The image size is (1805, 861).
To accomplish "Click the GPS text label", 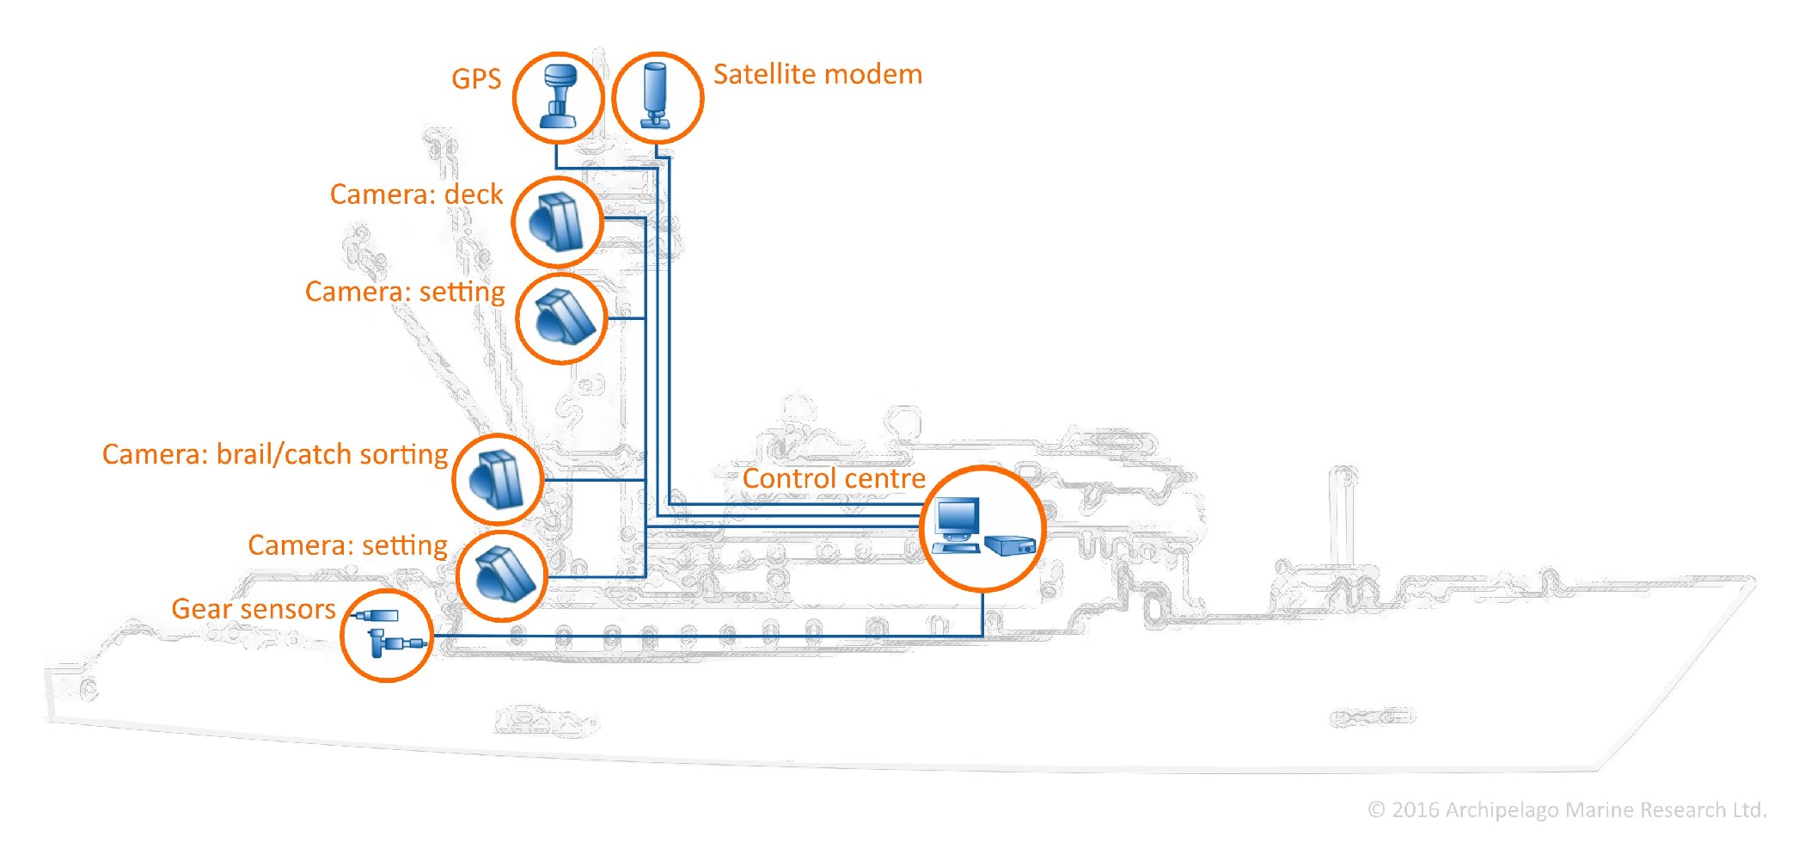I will [x=476, y=79].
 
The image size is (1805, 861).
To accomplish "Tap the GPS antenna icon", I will [x=559, y=97].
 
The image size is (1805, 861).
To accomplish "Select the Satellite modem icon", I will [x=657, y=97].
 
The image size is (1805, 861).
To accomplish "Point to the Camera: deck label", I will [x=416, y=194].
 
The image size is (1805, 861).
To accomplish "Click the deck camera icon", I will [x=557, y=221].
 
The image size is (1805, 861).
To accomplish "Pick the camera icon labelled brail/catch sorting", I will [x=498, y=479].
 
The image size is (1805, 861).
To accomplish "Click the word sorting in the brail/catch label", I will [x=403, y=454].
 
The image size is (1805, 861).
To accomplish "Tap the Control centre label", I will [x=834, y=478].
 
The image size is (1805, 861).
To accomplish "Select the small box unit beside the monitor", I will [x=1011, y=544].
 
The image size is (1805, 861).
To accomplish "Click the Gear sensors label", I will [x=254, y=609].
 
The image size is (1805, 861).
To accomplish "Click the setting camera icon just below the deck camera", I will [x=561, y=318].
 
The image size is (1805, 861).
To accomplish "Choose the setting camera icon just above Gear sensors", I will [x=502, y=575].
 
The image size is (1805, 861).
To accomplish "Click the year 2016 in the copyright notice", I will [x=1415, y=810].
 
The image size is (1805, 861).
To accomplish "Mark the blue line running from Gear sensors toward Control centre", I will [x=705, y=637].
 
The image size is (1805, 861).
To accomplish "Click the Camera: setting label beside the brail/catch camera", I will [x=347, y=545].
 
